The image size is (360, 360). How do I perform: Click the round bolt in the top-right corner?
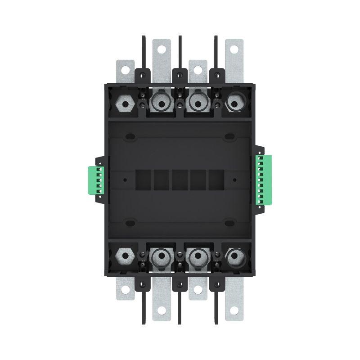(234, 103)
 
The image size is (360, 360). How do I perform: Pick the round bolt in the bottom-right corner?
(234, 257)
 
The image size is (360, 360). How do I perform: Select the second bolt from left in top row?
(160, 103)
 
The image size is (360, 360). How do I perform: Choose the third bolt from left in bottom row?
(197, 257)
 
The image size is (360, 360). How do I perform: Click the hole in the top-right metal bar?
(234, 49)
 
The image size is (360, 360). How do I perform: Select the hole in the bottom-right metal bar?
(234, 311)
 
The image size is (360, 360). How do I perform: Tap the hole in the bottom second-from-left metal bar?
(162, 311)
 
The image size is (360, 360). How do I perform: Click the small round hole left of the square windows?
(125, 180)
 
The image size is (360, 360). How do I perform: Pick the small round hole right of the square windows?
(234, 180)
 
